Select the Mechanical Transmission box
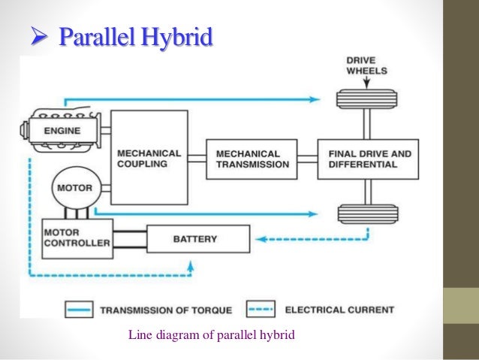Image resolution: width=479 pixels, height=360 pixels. tap(252, 159)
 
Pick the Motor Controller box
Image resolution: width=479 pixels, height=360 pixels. tap(77, 238)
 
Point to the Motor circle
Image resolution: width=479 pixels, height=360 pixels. tap(75, 188)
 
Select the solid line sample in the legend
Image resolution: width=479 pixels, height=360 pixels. tap(74, 310)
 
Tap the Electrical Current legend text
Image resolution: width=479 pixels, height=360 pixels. tap(339, 310)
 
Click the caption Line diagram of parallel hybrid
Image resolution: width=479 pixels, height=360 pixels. tap(212, 334)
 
